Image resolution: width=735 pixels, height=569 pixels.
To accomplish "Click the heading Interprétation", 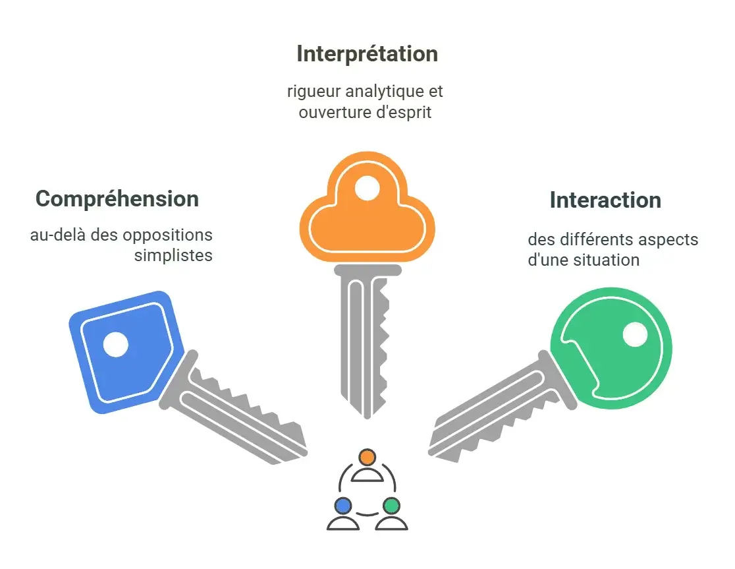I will point(367,53).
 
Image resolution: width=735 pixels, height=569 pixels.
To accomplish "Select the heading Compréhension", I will point(117,198).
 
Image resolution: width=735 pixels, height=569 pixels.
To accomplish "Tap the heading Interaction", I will point(605,200).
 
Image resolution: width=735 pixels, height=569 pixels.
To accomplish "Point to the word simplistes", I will point(173,256).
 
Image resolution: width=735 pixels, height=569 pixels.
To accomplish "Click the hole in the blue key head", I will point(116,344).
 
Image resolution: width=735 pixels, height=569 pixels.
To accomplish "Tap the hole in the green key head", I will point(635,334).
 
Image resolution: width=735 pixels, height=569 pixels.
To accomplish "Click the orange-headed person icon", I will point(367,465).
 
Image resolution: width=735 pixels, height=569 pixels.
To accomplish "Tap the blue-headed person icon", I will point(342,514).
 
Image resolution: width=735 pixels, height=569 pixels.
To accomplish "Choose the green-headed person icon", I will point(391,514).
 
